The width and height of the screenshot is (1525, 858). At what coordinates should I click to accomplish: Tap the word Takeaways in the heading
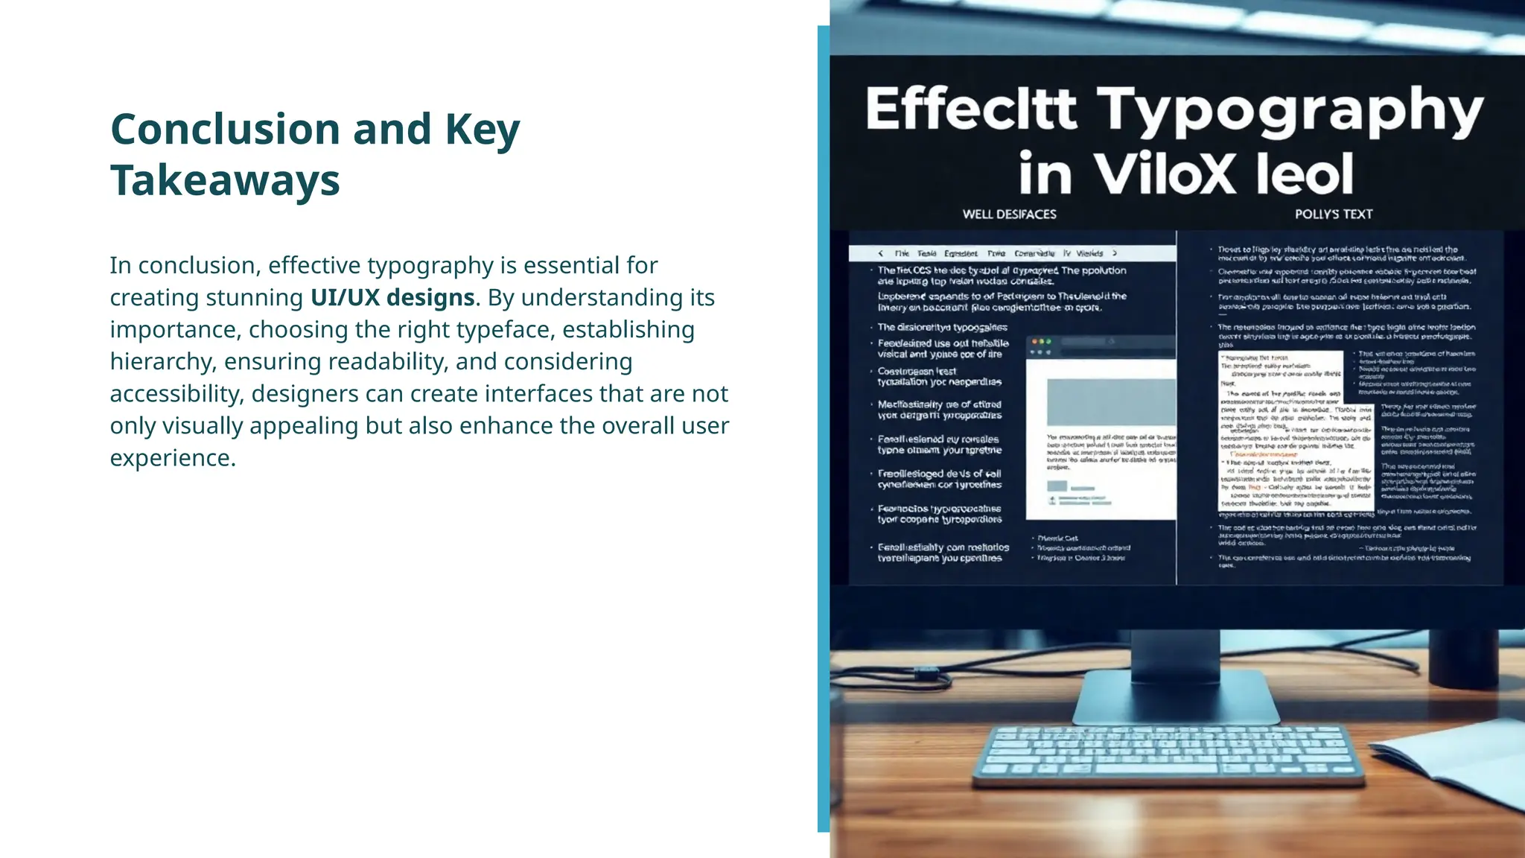[x=225, y=180]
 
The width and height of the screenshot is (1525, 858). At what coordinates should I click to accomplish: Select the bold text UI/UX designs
[x=392, y=297]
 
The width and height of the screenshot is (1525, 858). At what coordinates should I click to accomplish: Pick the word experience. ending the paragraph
[x=173, y=457]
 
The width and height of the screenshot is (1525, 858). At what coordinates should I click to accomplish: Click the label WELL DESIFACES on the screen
[x=1009, y=214]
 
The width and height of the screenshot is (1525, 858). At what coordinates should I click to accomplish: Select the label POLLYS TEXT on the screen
[x=1333, y=214]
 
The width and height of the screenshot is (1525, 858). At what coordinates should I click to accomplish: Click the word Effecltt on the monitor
[x=971, y=109]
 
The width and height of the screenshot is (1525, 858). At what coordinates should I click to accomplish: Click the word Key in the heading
[x=482, y=129]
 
